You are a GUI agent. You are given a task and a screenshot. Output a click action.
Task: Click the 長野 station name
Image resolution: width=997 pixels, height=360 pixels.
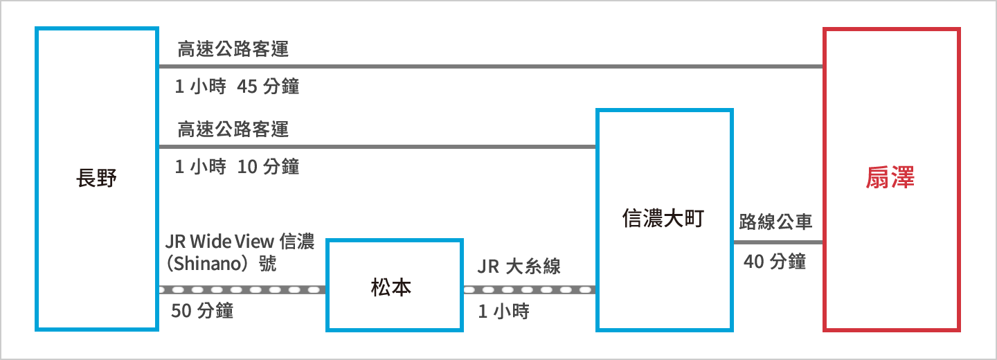96,178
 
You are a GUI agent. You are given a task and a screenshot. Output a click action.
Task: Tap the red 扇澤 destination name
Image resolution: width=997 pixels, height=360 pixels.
890,177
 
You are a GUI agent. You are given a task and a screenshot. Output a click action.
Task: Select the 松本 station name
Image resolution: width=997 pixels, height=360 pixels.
391,287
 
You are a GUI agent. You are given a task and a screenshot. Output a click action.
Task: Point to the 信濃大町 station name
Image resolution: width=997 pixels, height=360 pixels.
663,218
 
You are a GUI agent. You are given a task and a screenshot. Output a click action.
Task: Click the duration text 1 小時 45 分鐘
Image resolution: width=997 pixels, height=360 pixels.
237,87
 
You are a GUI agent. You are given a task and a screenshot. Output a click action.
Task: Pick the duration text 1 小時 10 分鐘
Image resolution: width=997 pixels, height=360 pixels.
237,167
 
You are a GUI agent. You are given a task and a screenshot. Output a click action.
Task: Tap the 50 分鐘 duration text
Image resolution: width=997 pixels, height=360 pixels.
202,311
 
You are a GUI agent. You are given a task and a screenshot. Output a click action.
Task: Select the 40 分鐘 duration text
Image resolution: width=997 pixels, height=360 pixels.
775,261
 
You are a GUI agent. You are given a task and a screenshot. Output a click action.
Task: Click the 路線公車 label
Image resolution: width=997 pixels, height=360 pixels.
775,222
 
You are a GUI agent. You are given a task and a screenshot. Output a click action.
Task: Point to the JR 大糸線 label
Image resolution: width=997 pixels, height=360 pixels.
519,267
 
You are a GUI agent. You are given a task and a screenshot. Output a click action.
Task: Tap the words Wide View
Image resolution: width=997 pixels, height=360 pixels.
232,241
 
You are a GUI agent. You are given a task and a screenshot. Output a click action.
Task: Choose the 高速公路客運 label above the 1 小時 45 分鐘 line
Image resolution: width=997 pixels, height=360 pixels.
233,49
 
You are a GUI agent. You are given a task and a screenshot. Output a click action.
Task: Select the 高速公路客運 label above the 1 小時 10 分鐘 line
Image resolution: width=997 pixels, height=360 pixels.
233,129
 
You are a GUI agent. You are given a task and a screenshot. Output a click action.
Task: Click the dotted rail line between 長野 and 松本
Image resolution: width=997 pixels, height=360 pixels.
242,289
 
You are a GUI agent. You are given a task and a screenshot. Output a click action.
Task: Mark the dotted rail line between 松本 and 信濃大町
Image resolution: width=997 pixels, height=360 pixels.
530,289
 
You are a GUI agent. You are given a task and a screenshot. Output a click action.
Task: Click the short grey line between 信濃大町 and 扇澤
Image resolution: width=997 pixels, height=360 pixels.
778,242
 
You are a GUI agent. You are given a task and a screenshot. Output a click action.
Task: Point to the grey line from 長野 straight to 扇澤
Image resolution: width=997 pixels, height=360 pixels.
491,66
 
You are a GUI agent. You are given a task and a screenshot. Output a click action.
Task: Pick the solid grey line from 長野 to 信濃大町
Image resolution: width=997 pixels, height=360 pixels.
377,147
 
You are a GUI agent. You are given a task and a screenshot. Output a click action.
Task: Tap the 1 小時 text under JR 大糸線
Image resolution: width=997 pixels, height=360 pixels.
504,311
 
